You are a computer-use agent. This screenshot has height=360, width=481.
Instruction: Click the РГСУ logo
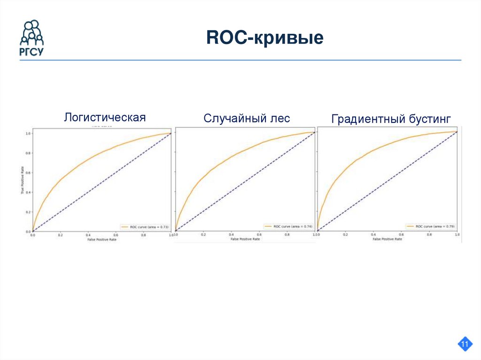[x=31, y=38]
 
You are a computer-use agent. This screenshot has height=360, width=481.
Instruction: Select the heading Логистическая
[x=105, y=117]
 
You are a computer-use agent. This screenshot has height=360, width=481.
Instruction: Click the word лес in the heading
[x=279, y=118]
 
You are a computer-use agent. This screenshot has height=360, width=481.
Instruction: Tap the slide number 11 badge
[x=465, y=345]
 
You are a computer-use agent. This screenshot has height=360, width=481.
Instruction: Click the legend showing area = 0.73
[x=144, y=226]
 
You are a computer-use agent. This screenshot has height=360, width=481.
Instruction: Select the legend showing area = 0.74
[x=288, y=226]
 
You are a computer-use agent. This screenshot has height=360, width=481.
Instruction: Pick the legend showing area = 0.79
[x=430, y=226]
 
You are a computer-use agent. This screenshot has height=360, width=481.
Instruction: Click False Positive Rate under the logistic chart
[x=101, y=239]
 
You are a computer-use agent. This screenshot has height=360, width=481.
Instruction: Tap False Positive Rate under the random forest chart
[x=244, y=239]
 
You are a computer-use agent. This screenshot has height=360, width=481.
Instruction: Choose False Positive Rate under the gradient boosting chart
[x=387, y=239]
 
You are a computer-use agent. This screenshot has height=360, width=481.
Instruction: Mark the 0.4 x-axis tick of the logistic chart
[x=88, y=234]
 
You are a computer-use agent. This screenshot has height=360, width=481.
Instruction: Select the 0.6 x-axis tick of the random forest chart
[x=259, y=234]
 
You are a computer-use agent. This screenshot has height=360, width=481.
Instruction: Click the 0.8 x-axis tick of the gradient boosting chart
[x=429, y=234]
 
